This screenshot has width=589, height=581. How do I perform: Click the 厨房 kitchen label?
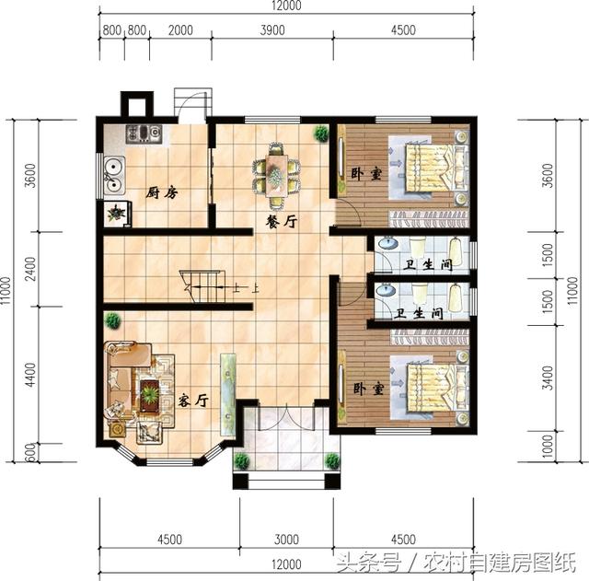[161, 193]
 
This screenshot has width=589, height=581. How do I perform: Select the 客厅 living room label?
[192, 401]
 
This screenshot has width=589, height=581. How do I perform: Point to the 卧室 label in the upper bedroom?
[365, 174]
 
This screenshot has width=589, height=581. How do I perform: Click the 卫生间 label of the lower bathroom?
[419, 313]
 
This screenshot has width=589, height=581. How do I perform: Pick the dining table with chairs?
[276, 172]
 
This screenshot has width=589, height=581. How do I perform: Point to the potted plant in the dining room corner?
[320, 134]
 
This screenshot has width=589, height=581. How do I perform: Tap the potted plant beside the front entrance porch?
[241, 460]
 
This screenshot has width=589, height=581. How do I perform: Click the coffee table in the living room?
[148, 394]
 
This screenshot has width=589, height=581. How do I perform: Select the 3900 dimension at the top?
[272, 29]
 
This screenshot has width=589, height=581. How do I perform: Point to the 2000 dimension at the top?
[180, 29]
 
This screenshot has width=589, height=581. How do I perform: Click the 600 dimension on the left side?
[29, 453]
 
